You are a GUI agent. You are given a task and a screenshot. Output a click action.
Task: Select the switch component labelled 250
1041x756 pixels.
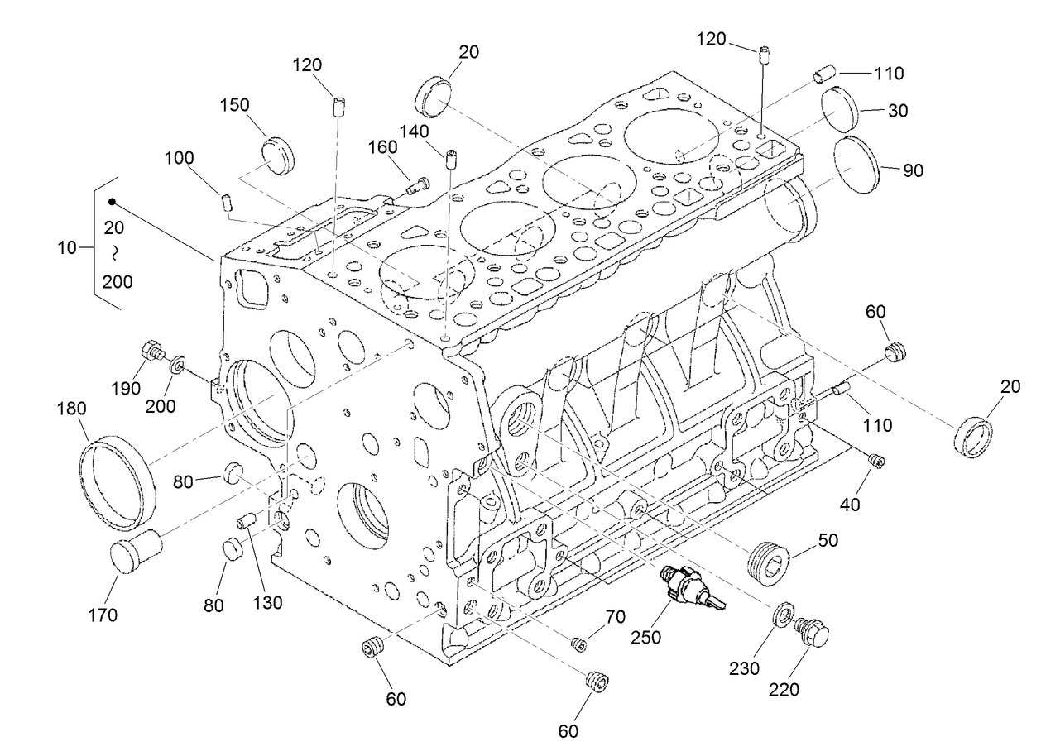pos(688,589)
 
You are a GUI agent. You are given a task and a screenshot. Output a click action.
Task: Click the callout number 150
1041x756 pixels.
pos(235,105)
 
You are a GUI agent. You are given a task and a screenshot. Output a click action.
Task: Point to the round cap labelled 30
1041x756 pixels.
pos(842,108)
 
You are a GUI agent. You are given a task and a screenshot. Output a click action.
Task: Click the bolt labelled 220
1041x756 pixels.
pos(813,635)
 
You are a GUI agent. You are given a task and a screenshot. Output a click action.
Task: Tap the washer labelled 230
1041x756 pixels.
pos(781,615)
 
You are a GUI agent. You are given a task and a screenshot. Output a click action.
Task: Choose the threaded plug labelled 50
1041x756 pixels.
pos(770,563)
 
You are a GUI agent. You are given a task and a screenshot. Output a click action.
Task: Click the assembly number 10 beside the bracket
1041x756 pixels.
pos(68,246)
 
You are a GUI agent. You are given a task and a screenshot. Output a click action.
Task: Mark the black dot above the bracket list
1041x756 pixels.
pos(112,201)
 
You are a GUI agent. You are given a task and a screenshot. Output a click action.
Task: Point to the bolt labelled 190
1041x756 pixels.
pos(152,352)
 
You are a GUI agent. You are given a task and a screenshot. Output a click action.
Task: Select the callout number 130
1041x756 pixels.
pos(268,602)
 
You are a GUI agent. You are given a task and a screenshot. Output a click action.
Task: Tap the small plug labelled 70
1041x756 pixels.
pos(579,644)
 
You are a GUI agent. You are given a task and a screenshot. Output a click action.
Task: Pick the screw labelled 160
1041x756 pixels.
pos(418,187)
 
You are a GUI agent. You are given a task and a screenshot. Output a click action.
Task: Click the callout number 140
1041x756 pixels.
pos(414,130)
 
